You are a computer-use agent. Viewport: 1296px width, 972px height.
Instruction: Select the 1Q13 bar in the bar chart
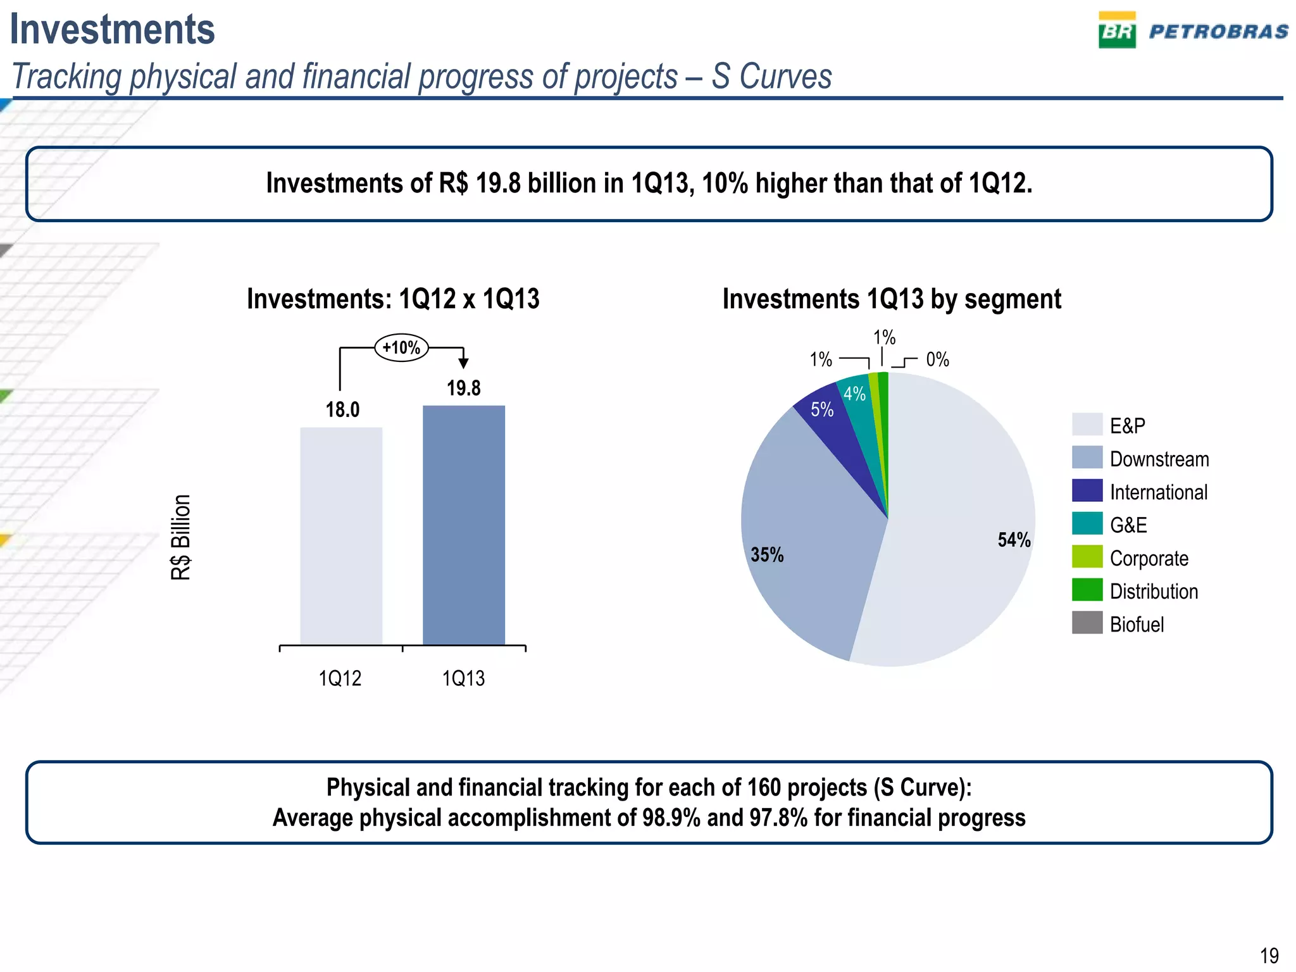coord(464,525)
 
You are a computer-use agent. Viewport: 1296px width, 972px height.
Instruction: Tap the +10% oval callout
coord(402,347)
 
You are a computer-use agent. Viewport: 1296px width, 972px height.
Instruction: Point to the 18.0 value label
coord(342,410)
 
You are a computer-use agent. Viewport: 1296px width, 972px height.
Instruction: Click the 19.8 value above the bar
coord(464,388)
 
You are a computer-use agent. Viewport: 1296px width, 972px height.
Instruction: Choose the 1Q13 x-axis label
coord(463,678)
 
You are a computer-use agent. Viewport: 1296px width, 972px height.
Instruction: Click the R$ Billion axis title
coord(181,537)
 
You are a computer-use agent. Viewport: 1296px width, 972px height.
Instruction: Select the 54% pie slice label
coord(1014,540)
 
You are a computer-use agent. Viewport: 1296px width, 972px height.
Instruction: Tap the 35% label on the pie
coord(767,555)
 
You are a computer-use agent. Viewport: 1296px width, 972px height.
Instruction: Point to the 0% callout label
coord(937,360)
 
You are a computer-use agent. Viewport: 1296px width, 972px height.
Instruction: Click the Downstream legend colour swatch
coord(1087,458)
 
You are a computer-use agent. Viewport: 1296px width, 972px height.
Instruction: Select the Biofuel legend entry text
coord(1137,625)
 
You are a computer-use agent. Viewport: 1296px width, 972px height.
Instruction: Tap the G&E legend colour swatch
coord(1087,524)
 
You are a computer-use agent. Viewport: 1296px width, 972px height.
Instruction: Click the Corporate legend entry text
coord(1149,558)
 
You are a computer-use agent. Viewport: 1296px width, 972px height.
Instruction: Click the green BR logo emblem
coord(1117,32)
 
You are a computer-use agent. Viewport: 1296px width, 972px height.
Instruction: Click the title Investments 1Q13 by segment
coord(892,299)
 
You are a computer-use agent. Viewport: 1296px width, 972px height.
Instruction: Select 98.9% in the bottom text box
coord(671,818)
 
